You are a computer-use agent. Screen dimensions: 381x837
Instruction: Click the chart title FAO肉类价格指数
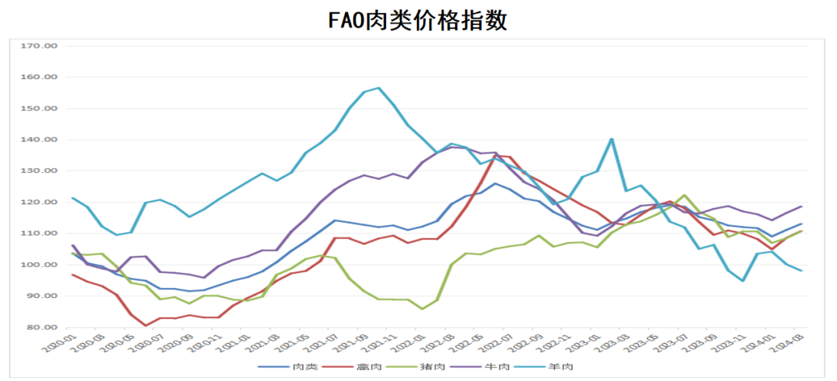point(418,20)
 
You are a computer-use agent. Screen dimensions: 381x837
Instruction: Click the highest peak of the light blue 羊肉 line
point(378,88)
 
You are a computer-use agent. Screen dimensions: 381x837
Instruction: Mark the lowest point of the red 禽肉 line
point(146,325)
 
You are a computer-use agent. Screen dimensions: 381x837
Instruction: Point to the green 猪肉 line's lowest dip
point(422,309)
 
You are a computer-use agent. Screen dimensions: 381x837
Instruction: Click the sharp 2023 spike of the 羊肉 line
point(611,139)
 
